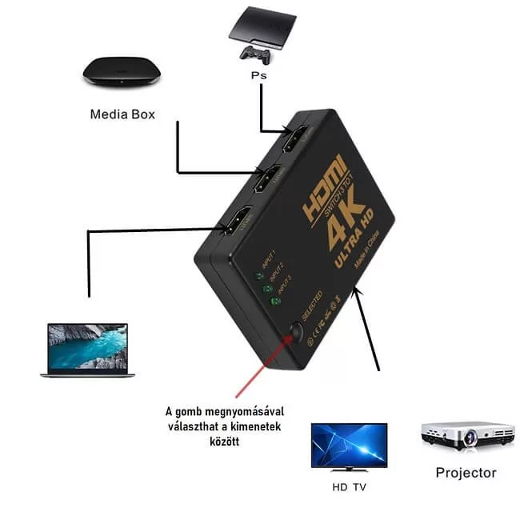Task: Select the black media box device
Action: [122, 72]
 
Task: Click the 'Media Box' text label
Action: [122, 114]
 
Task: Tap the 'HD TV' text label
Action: [350, 486]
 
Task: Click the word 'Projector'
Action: [466, 473]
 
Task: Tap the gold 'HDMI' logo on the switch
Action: [323, 188]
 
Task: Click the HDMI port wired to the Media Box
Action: [267, 179]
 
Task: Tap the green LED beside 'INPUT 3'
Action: [276, 301]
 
